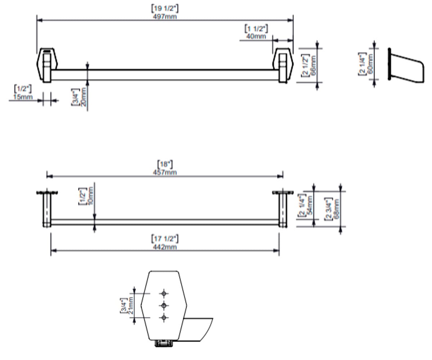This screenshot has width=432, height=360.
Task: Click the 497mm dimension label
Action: coord(165,17)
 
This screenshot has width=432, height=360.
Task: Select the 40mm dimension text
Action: coord(256,36)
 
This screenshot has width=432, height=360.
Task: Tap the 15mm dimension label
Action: coord(23,97)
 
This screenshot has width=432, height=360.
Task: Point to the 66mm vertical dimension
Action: coord(313,66)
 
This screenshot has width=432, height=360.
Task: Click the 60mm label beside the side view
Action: coord(370,64)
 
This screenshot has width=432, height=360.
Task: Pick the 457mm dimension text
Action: coord(165,172)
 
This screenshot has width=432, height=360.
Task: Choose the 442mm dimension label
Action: coord(165,247)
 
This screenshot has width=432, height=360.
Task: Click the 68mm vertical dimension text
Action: coord(336,209)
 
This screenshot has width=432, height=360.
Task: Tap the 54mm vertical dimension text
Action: coord(310,206)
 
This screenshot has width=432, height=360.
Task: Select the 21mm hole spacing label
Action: coord(131,305)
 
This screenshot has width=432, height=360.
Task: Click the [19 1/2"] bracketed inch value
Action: coord(165,9)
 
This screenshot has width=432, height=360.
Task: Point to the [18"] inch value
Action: coord(165,164)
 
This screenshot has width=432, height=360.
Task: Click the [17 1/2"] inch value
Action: coord(165,239)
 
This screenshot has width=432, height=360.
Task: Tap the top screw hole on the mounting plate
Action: coord(164,293)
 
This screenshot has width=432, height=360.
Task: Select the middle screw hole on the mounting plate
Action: coord(164,305)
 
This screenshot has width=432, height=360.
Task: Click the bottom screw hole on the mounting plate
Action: coord(164,318)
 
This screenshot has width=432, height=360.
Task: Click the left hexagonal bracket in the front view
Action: coord(47,66)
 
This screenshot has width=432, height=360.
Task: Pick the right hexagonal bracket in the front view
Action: coord(283,66)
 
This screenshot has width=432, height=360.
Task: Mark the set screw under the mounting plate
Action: coord(164,343)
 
